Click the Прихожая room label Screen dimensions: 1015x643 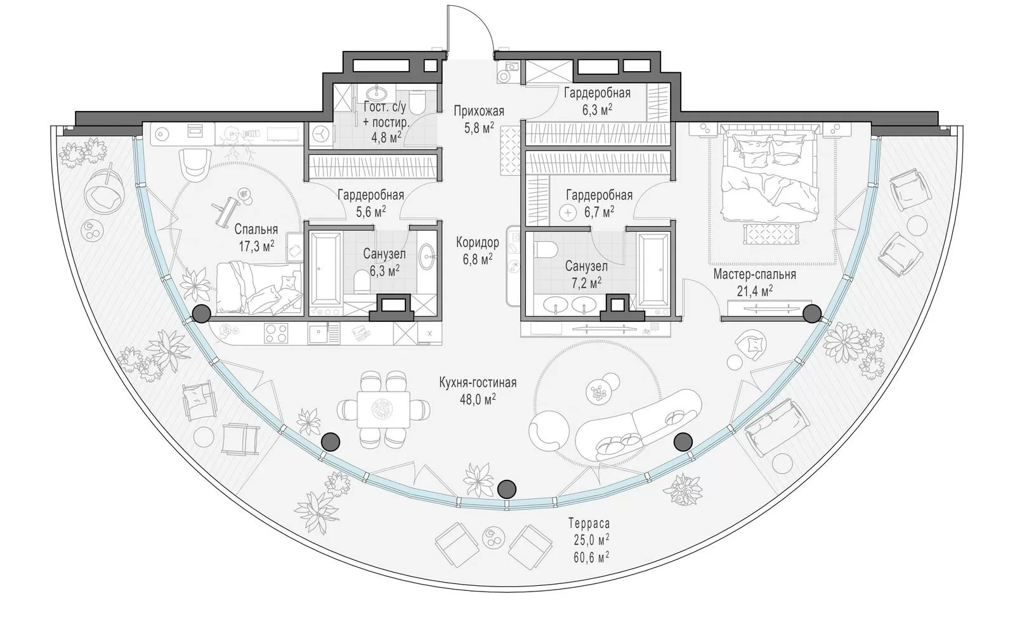click(479, 111)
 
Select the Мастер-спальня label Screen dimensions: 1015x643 click(754, 275)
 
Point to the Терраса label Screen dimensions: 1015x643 click(589, 524)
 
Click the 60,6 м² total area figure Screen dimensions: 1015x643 click(591, 557)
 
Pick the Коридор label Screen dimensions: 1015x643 click(478, 242)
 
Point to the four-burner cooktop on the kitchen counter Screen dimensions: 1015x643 click(277, 334)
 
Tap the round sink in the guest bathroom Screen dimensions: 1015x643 click(376, 95)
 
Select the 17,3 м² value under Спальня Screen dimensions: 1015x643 click(257, 246)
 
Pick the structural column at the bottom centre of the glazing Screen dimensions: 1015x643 click(507, 489)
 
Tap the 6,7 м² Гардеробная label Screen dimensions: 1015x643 click(599, 203)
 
